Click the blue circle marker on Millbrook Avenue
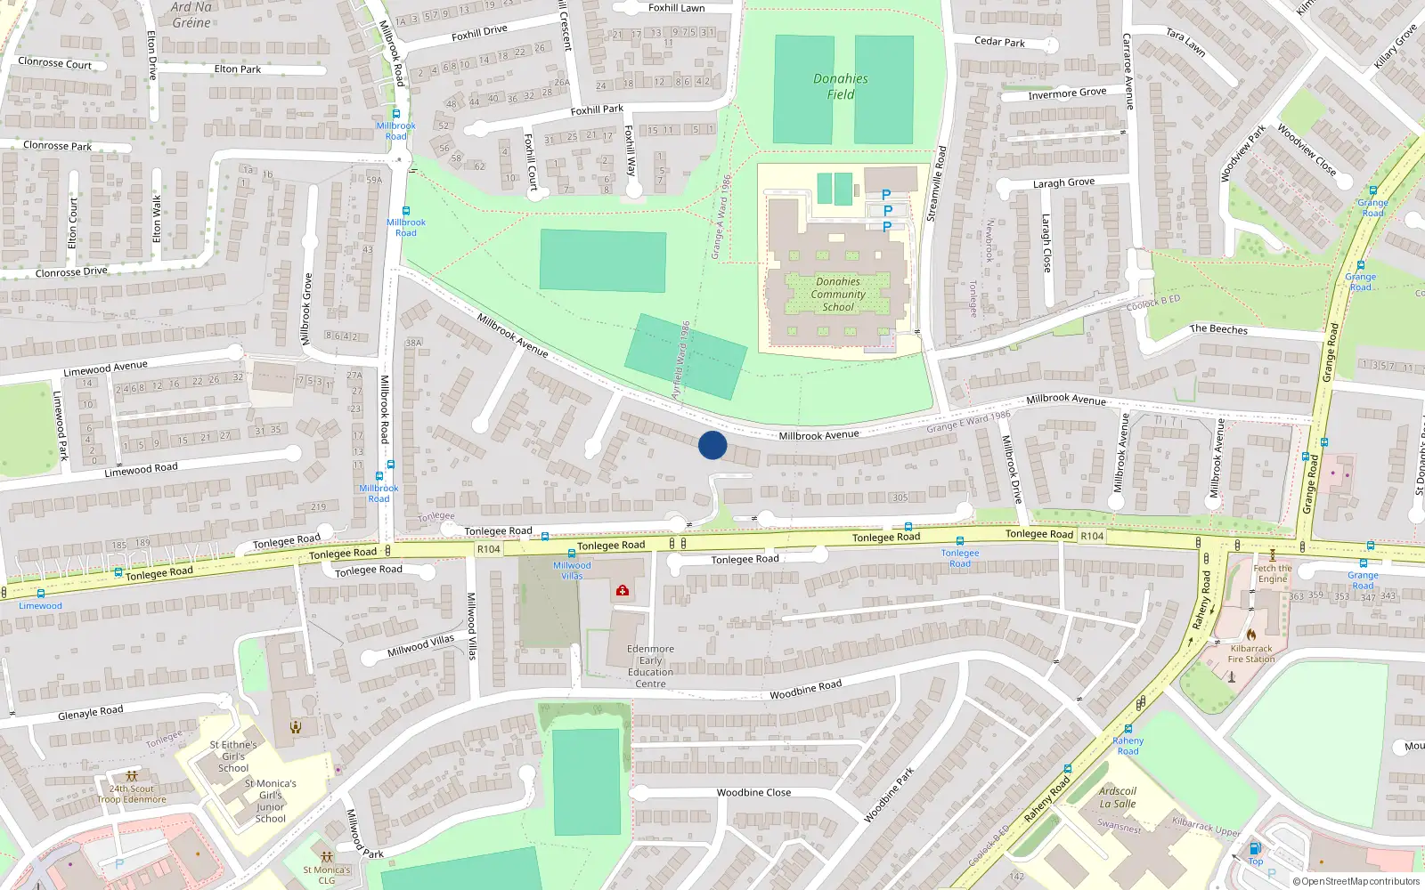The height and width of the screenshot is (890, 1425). pyautogui.click(x=712, y=445)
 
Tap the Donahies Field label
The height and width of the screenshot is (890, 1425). pyautogui.click(x=840, y=86)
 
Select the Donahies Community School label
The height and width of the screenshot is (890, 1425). pyautogui.click(x=837, y=295)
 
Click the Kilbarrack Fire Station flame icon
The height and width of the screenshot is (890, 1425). pyautogui.click(x=1251, y=635)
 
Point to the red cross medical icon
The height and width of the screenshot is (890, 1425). pyautogui.click(x=623, y=590)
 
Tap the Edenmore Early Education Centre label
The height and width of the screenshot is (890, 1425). pyautogui.click(x=650, y=667)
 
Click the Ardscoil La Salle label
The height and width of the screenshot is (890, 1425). pyautogui.click(x=1118, y=797)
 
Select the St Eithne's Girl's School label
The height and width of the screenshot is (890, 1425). pyautogui.click(x=233, y=756)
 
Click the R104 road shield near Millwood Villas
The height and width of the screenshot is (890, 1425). pyautogui.click(x=489, y=549)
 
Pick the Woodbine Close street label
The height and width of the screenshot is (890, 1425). pyautogui.click(x=753, y=792)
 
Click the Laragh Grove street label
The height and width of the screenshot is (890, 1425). pyautogui.click(x=1063, y=182)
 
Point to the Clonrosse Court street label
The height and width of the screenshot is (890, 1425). pyautogui.click(x=54, y=63)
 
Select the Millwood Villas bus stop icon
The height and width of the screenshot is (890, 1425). pyautogui.click(x=572, y=554)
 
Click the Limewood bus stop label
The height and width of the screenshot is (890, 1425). pyautogui.click(x=40, y=606)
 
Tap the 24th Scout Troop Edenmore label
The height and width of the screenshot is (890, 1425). pyautogui.click(x=132, y=794)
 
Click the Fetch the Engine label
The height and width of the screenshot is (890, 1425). pyautogui.click(x=1273, y=573)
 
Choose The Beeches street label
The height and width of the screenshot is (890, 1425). pyautogui.click(x=1218, y=328)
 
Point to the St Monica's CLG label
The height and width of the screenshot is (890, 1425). pyautogui.click(x=327, y=875)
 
